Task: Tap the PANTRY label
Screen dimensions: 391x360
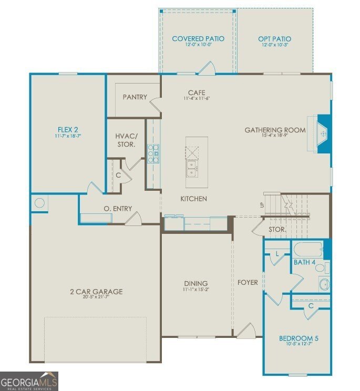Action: point(135,97)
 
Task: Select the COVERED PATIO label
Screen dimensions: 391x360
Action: point(198,39)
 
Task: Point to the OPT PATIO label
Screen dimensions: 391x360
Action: point(274,39)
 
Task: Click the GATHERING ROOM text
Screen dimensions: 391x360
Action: point(275,130)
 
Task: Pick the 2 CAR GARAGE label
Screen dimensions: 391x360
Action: point(96,292)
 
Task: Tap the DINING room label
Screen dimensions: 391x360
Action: point(196,283)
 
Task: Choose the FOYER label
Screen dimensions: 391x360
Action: point(248,282)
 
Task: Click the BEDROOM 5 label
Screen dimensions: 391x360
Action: point(298,338)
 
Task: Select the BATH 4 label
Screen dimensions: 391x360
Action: point(304,261)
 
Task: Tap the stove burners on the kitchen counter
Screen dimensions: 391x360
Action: point(153,154)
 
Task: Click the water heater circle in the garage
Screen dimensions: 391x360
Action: point(39,202)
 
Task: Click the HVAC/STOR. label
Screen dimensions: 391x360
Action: point(126,140)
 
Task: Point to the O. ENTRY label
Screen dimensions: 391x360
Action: point(118,209)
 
